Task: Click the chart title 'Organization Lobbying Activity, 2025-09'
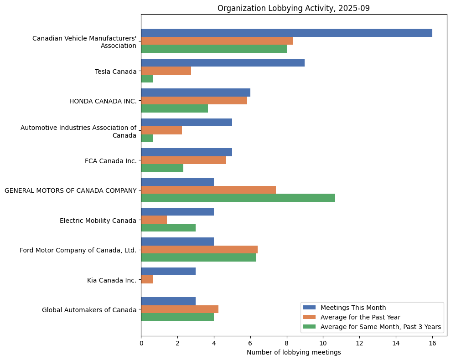click(293, 8)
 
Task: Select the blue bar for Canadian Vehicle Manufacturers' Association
click(286, 33)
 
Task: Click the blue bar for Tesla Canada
click(223, 63)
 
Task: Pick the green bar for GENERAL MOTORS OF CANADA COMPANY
click(238, 198)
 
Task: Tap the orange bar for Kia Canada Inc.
click(147, 279)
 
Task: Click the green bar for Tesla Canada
click(147, 78)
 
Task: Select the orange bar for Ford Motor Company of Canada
click(199, 250)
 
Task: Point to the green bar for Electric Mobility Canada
click(168, 227)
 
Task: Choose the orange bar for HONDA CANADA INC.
click(194, 101)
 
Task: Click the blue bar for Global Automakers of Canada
click(168, 301)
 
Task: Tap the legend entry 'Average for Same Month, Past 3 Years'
click(381, 327)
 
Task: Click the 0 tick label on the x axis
click(141, 343)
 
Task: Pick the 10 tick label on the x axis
click(323, 343)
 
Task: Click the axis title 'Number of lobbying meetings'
click(294, 352)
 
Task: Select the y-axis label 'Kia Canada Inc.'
click(112, 280)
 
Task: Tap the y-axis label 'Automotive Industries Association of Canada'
click(78, 132)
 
